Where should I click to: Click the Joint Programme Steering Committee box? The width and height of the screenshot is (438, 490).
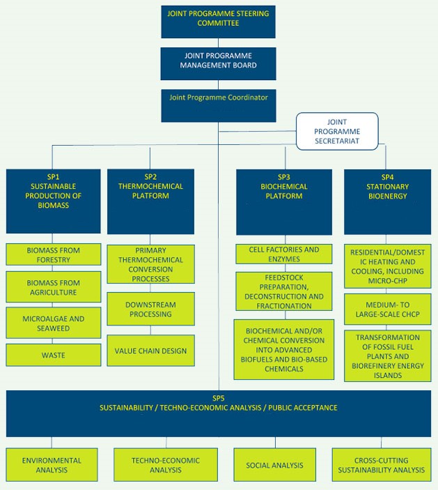pos(218,22)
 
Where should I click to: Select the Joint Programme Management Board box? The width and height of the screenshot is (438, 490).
pos(218,63)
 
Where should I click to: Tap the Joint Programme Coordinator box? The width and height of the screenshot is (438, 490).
pos(219,106)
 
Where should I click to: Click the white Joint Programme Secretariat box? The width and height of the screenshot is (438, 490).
pos(337,131)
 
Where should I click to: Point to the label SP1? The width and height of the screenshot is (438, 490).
pos(53,177)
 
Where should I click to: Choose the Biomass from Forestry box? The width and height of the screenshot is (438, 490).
pos(54,254)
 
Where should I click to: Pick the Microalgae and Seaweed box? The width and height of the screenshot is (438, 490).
pos(54,323)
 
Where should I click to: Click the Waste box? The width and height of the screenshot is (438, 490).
pos(54,355)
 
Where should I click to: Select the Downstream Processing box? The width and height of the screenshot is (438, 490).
pos(151,309)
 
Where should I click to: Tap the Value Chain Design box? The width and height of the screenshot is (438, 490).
pos(151,351)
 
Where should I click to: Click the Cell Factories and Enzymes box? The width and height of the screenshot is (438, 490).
pos(284,254)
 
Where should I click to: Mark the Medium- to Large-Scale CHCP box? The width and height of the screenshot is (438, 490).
pos(388,309)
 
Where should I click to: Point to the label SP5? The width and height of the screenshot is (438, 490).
pos(219,398)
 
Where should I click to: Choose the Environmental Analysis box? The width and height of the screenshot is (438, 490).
pos(52,465)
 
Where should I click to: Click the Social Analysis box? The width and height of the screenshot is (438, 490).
pos(275,465)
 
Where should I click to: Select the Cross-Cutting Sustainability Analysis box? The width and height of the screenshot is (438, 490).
pos(382,465)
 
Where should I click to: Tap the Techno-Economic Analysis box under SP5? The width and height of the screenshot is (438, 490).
pos(166,465)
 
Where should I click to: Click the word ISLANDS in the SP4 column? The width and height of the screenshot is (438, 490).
pos(388,375)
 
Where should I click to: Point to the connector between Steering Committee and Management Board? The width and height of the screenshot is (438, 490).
pos(218,43)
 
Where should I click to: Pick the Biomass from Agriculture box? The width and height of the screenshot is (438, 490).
pos(54,287)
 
